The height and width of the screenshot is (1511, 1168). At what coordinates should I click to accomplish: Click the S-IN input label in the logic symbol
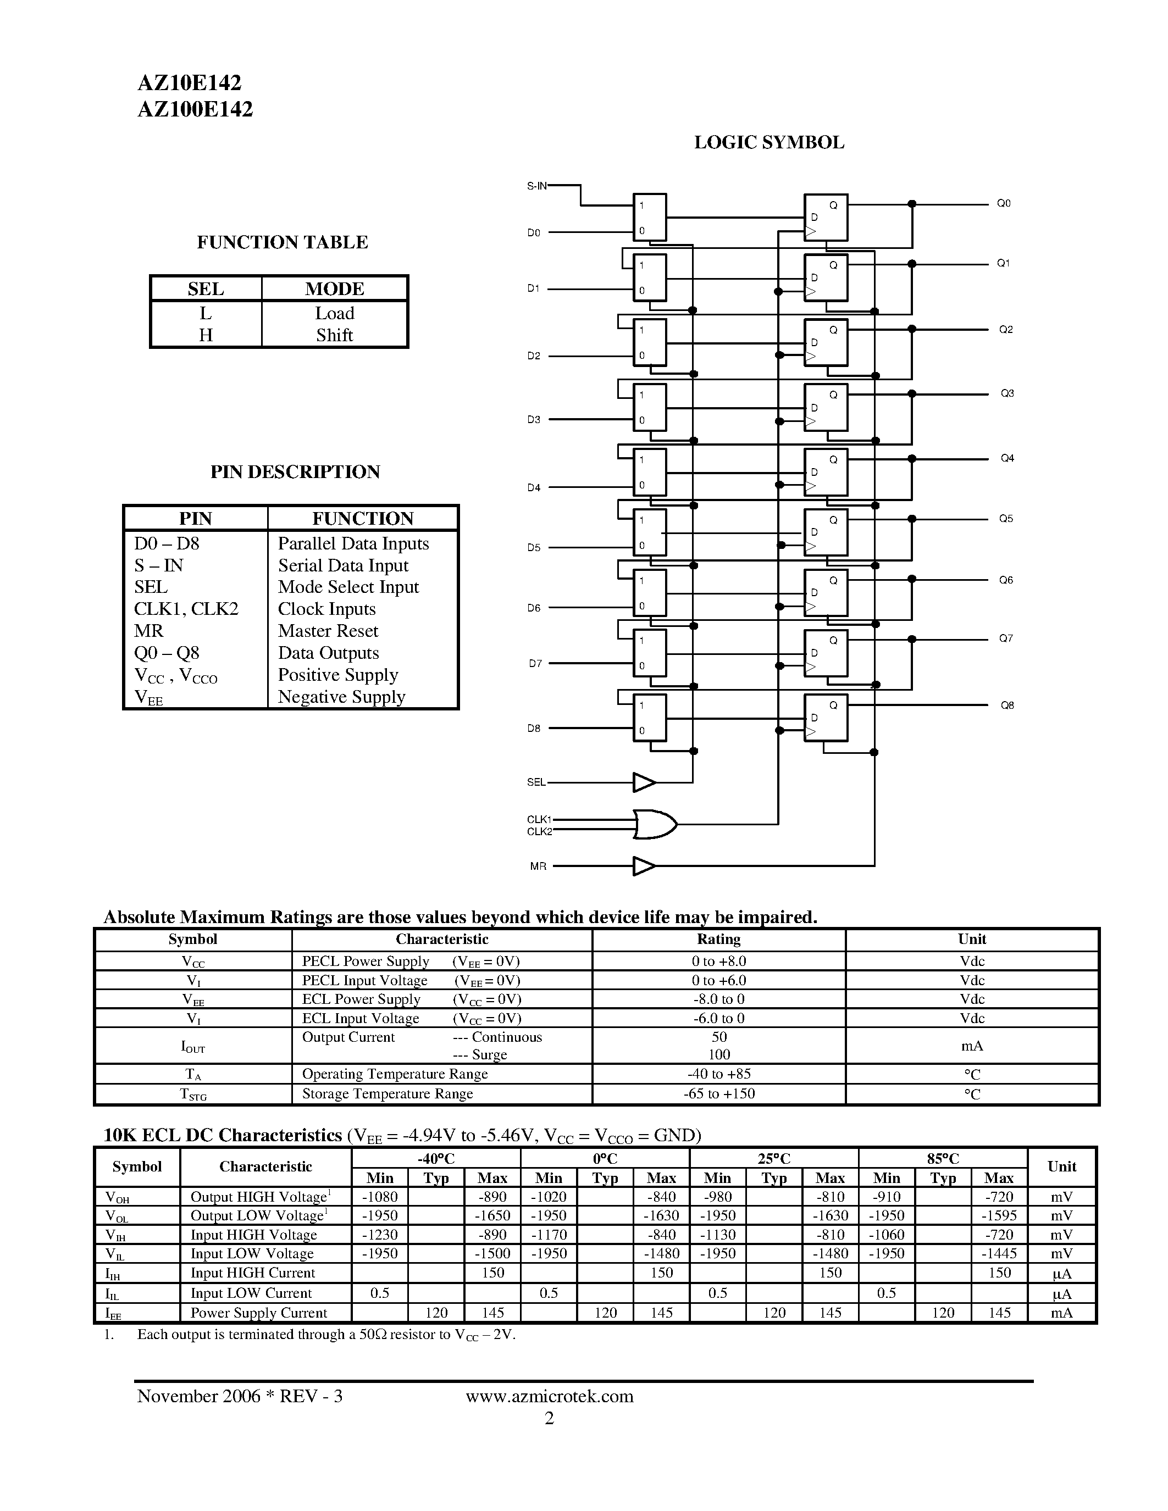pos(536,185)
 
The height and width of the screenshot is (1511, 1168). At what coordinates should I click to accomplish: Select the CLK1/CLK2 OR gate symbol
pos(654,824)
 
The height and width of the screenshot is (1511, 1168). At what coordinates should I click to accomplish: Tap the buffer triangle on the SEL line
pos(644,782)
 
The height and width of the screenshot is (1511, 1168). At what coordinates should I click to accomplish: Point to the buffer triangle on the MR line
pos(644,865)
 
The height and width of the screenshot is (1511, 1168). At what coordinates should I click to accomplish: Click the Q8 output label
pos(1007,705)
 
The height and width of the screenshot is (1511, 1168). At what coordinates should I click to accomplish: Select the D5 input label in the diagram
pos(534,547)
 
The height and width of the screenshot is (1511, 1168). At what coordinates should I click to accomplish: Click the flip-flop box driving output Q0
pos(826,217)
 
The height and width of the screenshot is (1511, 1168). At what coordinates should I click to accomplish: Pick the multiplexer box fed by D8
pos(650,718)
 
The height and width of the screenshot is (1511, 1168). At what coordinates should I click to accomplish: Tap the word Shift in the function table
pos(334,336)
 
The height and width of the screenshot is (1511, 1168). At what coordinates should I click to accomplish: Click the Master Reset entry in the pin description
pos(328,631)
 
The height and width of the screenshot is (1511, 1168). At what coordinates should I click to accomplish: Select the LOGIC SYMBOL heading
pos(769,142)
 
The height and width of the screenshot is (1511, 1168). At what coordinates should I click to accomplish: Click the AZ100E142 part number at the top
pos(195,109)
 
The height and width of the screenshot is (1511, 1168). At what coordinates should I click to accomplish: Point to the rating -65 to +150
pos(719,1093)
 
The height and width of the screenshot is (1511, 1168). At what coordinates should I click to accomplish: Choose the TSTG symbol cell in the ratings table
pos(193,1094)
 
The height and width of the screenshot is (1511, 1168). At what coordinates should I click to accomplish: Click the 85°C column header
pos(943,1158)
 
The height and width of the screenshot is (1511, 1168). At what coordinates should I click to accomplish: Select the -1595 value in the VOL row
pos(999,1215)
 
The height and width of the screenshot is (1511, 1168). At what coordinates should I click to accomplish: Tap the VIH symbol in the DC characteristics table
pos(115,1235)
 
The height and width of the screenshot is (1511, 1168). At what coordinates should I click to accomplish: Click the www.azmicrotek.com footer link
pos(550,1396)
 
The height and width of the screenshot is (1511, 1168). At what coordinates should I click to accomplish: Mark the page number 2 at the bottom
pos(550,1418)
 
